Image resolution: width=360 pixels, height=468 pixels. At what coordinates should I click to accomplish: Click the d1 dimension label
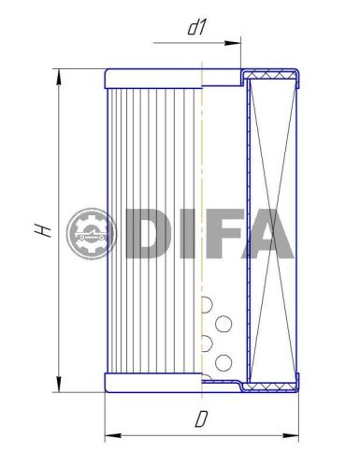tap(196, 28)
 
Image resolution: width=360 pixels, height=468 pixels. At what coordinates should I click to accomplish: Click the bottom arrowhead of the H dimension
tap(60, 386)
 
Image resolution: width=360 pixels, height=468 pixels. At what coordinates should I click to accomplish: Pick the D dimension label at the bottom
tap(200, 419)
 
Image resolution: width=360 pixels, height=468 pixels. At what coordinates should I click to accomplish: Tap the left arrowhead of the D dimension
tap(108, 435)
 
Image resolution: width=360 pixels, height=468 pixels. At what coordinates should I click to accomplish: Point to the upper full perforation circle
tap(223, 324)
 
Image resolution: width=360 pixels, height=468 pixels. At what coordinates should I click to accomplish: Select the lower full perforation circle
tap(223, 361)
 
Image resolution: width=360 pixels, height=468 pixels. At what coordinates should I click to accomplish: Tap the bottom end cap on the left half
tap(153, 383)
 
